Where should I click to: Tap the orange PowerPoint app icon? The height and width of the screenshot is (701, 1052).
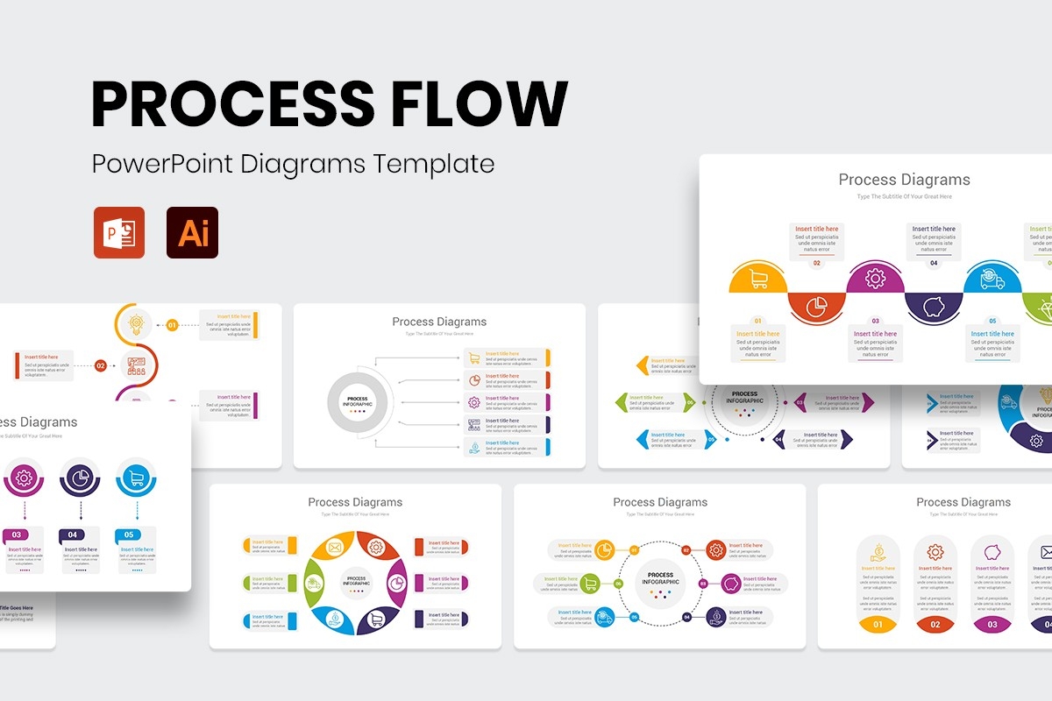[119, 232]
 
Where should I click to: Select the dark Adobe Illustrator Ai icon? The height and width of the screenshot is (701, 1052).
[193, 232]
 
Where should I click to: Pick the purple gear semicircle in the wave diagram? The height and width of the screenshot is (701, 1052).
[875, 280]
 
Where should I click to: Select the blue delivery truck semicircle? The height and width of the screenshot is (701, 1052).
[992, 280]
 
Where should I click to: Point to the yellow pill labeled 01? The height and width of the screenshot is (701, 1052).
[878, 625]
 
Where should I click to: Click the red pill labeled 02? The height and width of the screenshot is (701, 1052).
[935, 625]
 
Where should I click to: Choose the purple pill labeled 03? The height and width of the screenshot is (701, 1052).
[992, 625]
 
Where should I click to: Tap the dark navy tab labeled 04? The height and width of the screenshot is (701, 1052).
[73, 535]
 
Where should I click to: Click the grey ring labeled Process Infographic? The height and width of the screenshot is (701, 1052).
[358, 403]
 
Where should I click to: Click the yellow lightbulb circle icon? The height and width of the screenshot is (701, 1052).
[135, 323]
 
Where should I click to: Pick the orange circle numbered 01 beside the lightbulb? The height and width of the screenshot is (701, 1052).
[172, 325]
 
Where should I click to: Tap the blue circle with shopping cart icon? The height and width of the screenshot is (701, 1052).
[135, 478]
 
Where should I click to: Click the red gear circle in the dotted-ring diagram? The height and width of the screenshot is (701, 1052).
[715, 550]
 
